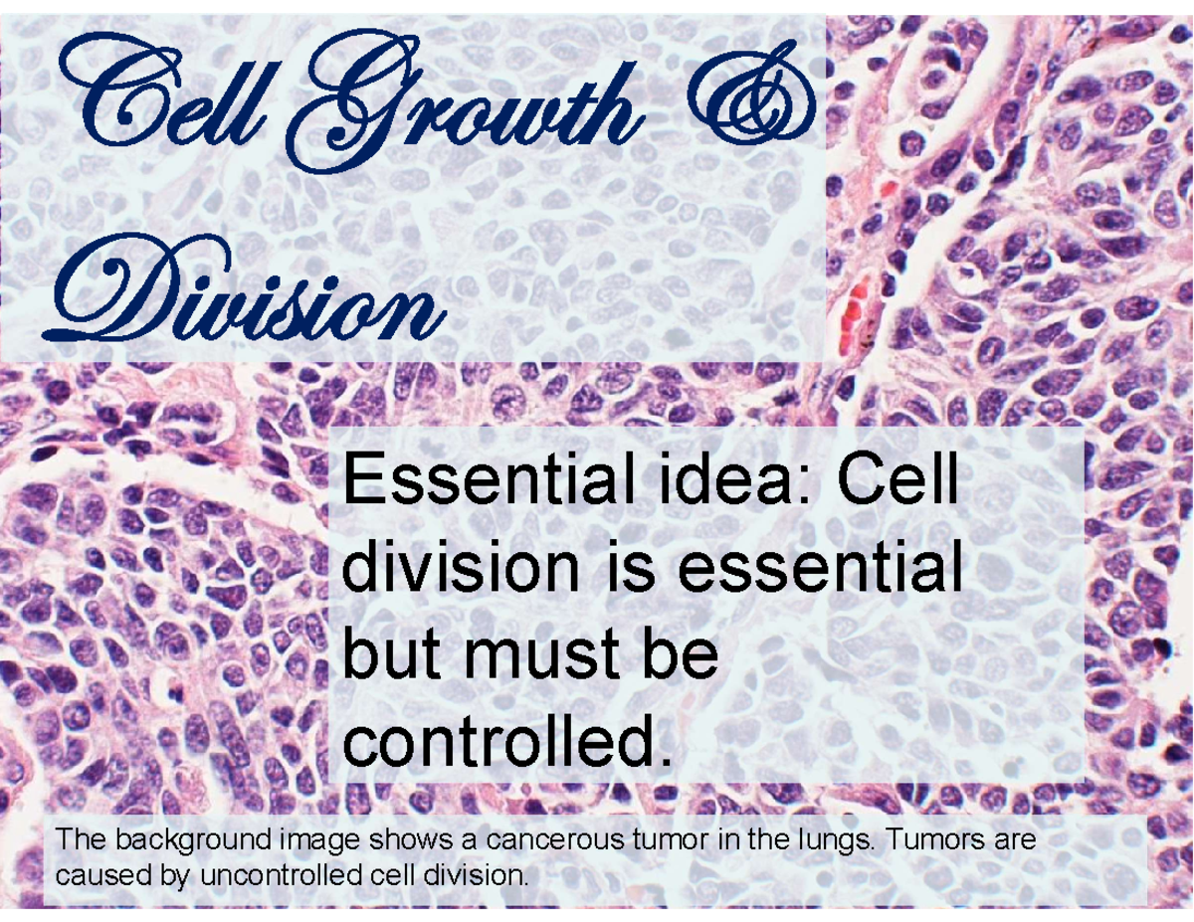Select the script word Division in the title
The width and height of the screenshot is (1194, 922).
coord(245,290)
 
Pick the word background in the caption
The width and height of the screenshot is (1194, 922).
coord(193,840)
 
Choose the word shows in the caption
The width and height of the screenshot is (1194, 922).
coord(412,840)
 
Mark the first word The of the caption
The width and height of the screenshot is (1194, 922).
coord(82,839)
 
